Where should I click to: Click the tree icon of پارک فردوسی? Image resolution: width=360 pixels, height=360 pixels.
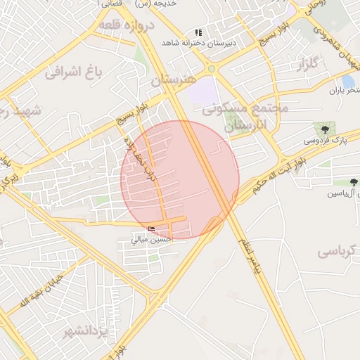point(325,129)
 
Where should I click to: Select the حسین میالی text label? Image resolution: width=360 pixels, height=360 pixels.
point(150,240)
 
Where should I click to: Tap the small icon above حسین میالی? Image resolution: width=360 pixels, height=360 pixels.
point(152,229)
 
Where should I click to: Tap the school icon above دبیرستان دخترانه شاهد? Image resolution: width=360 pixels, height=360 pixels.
point(199,32)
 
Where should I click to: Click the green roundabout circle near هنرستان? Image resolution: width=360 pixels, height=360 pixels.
point(211,69)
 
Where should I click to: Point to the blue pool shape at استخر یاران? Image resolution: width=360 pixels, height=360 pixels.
point(347,81)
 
